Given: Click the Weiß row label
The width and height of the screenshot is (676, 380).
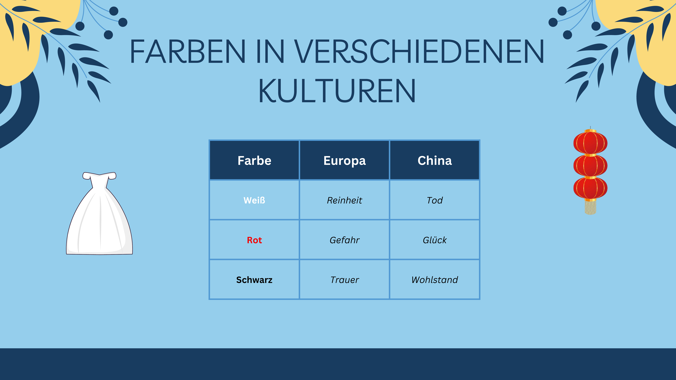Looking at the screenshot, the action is [x=254, y=200].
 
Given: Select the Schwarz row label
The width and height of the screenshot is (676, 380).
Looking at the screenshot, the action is [x=254, y=280].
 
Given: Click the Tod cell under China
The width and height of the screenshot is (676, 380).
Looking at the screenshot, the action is [x=435, y=200].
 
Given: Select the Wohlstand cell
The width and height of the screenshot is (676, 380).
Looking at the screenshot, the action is [x=435, y=280].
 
